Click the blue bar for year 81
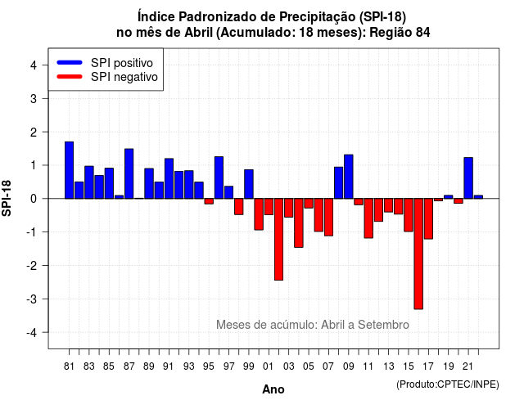(x=69, y=170)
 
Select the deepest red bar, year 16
(x=418, y=254)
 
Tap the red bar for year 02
(x=278, y=240)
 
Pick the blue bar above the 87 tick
(x=129, y=173)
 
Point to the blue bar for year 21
(x=468, y=178)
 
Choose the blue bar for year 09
(x=349, y=177)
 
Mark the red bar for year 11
(x=368, y=218)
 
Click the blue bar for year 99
(x=249, y=184)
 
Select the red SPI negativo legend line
(x=70, y=77)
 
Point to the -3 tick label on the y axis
(x=32, y=299)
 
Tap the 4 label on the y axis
(x=34, y=65)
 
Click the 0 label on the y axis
(x=34, y=199)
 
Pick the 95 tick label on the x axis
(x=209, y=366)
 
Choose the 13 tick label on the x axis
(x=388, y=366)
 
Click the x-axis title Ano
(x=273, y=389)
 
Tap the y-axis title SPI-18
(x=7, y=198)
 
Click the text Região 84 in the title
(x=400, y=33)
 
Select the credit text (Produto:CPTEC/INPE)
(x=448, y=384)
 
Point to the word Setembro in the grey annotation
(x=383, y=325)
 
